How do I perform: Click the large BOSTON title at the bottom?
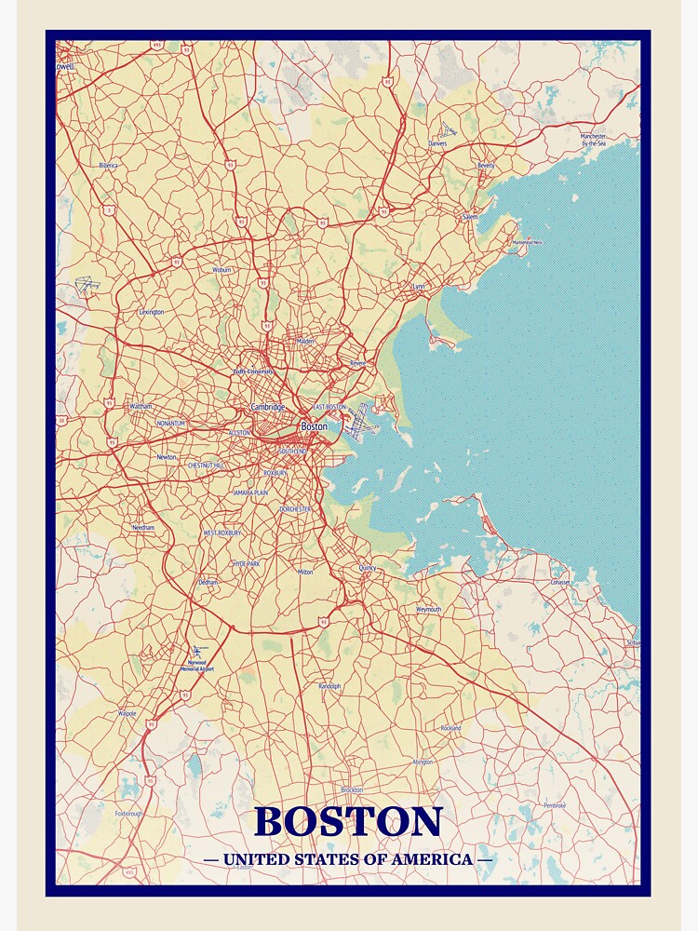coord(348,821)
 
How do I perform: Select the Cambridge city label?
coord(267,407)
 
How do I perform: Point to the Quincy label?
coord(367,567)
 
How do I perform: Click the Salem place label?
coord(470,217)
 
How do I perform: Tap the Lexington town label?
coord(151,312)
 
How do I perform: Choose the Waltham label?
coord(141,407)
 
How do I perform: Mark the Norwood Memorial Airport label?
coord(196,666)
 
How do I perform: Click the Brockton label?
coord(352,789)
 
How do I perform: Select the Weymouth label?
coord(429,609)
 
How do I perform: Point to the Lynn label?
coord(418,287)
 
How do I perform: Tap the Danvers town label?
coord(437,144)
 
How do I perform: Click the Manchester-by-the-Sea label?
coord(594,140)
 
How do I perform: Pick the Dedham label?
coord(208,582)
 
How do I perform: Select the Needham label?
coord(143,528)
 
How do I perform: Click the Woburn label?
coord(221,270)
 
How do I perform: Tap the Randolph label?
coord(329,686)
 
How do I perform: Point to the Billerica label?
coord(108,166)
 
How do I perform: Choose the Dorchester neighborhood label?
coord(296,509)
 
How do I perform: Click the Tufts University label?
coord(253,371)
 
